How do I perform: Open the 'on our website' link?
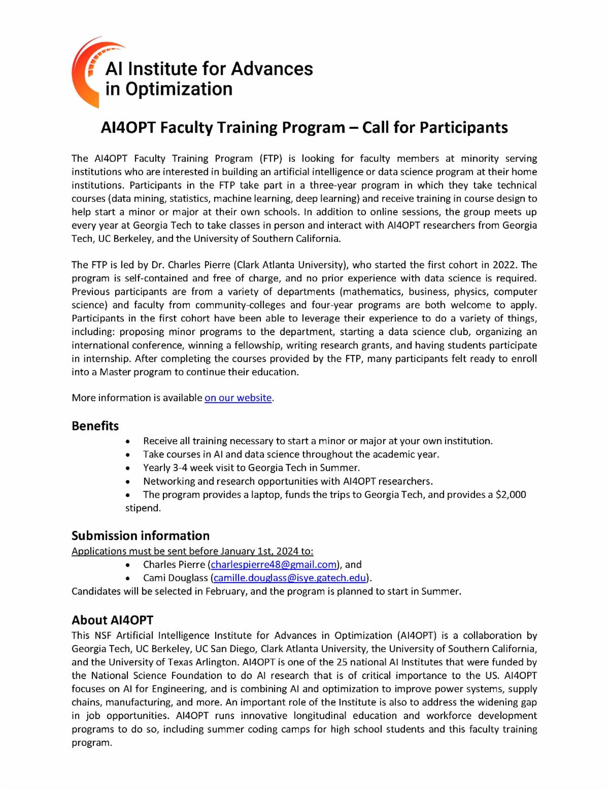coord(238,398)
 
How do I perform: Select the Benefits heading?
coord(95,426)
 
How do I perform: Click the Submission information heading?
coord(141,536)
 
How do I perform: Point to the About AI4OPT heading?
coord(112,620)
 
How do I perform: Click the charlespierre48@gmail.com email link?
coord(274,565)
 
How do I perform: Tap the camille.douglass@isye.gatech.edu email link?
coord(290,578)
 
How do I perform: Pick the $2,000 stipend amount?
coord(511,495)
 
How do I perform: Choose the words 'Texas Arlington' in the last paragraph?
coord(203,662)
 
